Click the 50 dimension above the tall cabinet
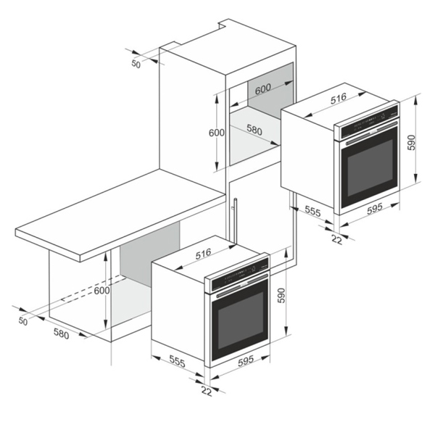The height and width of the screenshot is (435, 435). point(136,64)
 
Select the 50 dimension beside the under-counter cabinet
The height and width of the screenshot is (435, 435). point(23,321)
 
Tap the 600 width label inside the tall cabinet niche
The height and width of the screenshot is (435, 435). point(262,88)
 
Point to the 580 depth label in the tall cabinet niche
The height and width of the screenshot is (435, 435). point(254,130)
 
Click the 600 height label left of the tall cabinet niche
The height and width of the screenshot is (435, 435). point(217,133)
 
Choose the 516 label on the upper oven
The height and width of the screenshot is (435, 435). point(339,99)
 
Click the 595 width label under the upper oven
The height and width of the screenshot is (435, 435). point(375,209)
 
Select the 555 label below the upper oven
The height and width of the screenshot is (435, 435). point(312,212)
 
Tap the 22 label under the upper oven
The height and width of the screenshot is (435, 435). point(337,240)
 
